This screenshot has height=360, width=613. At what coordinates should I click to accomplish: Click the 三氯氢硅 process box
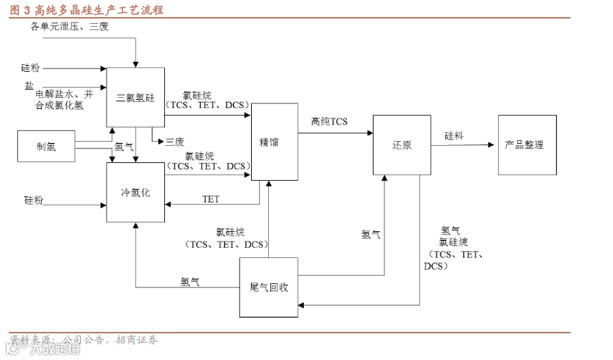(x=135, y=97)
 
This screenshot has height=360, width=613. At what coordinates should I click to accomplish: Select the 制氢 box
(x=46, y=146)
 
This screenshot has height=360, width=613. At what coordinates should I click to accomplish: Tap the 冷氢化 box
(x=135, y=192)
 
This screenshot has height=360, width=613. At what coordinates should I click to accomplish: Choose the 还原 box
(x=402, y=145)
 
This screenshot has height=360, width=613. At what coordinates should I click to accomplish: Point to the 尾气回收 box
(x=268, y=287)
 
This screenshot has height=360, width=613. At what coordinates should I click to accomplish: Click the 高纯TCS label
(x=329, y=122)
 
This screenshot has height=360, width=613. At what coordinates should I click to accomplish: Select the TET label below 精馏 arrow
(x=211, y=199)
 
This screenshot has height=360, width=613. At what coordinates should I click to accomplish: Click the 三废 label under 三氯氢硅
(x=174, y=142)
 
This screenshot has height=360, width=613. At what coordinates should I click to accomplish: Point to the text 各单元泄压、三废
(x=70, y=27)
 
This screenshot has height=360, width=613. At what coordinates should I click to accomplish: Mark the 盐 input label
(x=29, y=85)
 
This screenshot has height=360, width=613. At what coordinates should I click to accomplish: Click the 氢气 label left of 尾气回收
(x=190, y=281)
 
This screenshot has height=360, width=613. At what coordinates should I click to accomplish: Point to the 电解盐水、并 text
(x=64, y=94)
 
